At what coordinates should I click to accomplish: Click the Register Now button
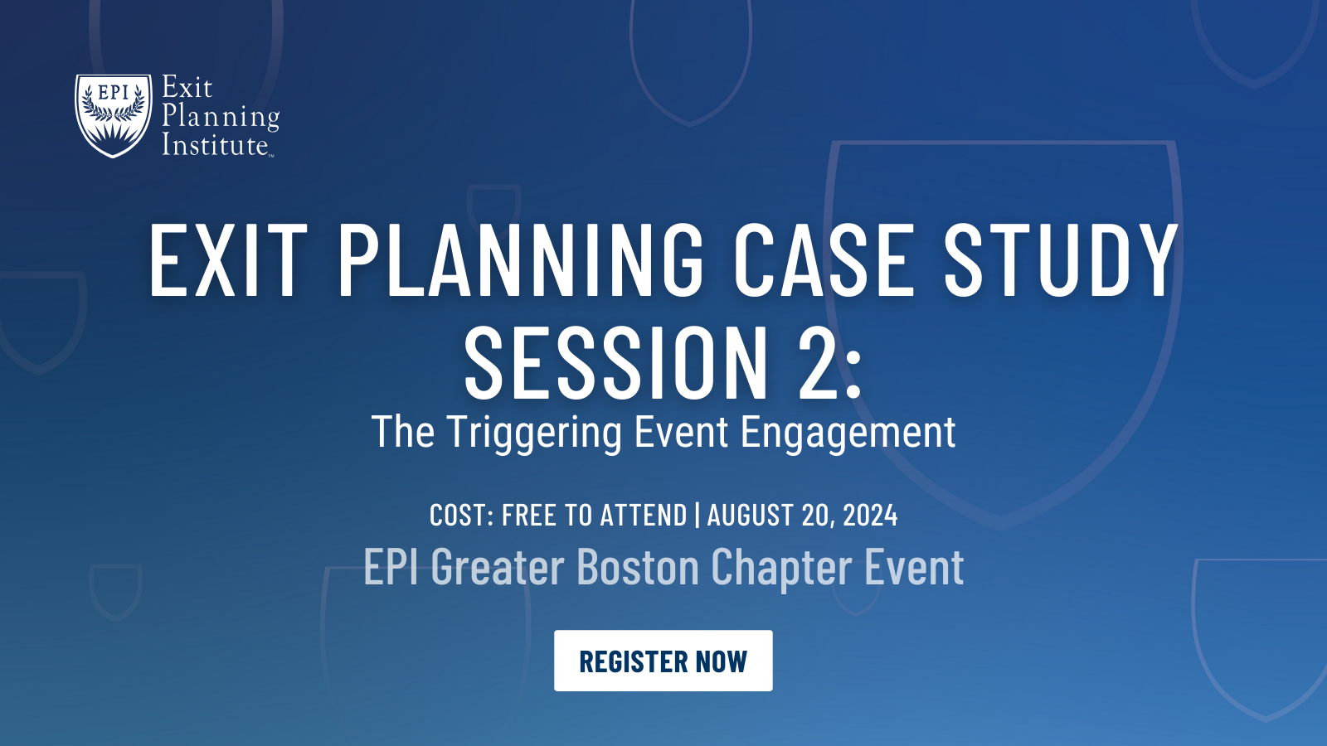click(663, 661)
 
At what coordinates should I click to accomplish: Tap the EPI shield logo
click(114, 114)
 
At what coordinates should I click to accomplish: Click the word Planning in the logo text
click(221, 117)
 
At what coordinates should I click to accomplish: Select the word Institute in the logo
click(215, 145)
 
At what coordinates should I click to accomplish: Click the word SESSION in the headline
click(616, 363)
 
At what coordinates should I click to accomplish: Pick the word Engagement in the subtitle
click(848, 433)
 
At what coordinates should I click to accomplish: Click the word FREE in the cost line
click(528, 516)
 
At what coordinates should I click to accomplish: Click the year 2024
click(870, 516)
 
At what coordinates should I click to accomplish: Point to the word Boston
click(638, 568)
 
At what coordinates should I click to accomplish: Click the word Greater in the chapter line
click(498, 568)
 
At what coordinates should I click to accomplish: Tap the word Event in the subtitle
click(685, 433)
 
